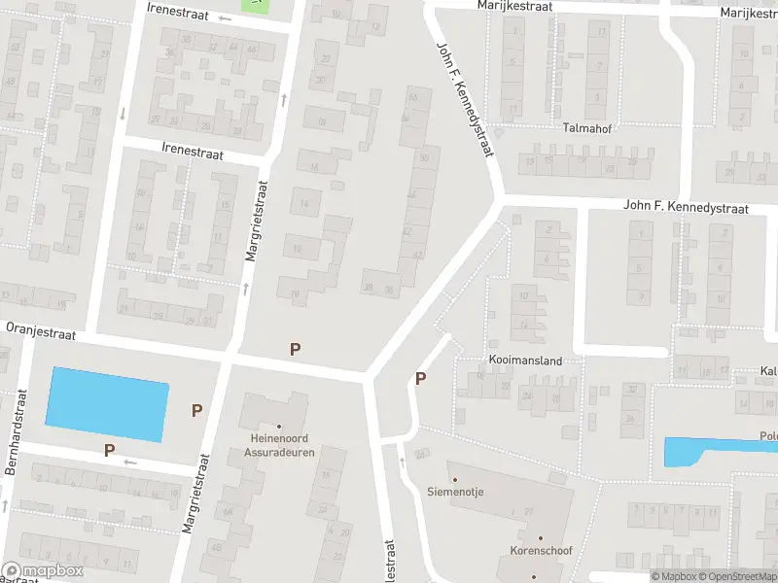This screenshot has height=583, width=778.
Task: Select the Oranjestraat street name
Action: click(x=42, y=330)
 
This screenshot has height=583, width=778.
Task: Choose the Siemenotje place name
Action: click(x=455, y=492)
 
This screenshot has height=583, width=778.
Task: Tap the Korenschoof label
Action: click(x=541, y=551)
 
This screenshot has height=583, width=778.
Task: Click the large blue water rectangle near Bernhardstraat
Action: click(x=107, y=403)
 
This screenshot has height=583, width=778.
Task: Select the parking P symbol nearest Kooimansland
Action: click(x=421, y=379)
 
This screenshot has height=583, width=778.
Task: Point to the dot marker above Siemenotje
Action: click(x=454, y=479)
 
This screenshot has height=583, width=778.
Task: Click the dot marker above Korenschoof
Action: click(x=541, y=538)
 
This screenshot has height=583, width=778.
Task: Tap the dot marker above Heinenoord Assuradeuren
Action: click(x=279, y=426)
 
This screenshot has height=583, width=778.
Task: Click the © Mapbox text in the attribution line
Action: click(x=673, y=577)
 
